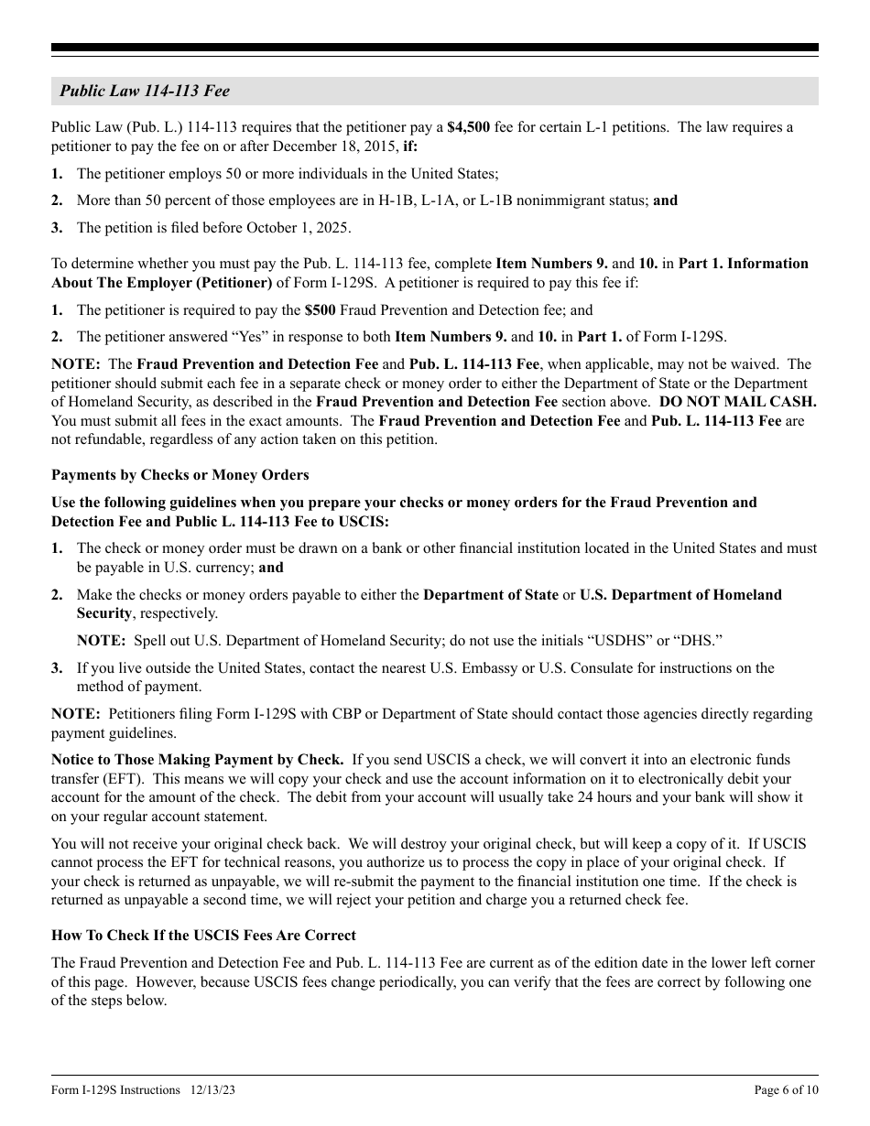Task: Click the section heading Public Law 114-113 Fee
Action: click(145, 91)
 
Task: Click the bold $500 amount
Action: click(321, 310)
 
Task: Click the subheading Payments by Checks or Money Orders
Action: click(179, 475)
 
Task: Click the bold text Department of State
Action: click(491, 595)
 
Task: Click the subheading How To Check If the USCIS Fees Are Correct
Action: click(203, 936)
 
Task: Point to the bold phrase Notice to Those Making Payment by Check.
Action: click(197, 760)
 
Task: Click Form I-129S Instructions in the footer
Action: click(115, 1090)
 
